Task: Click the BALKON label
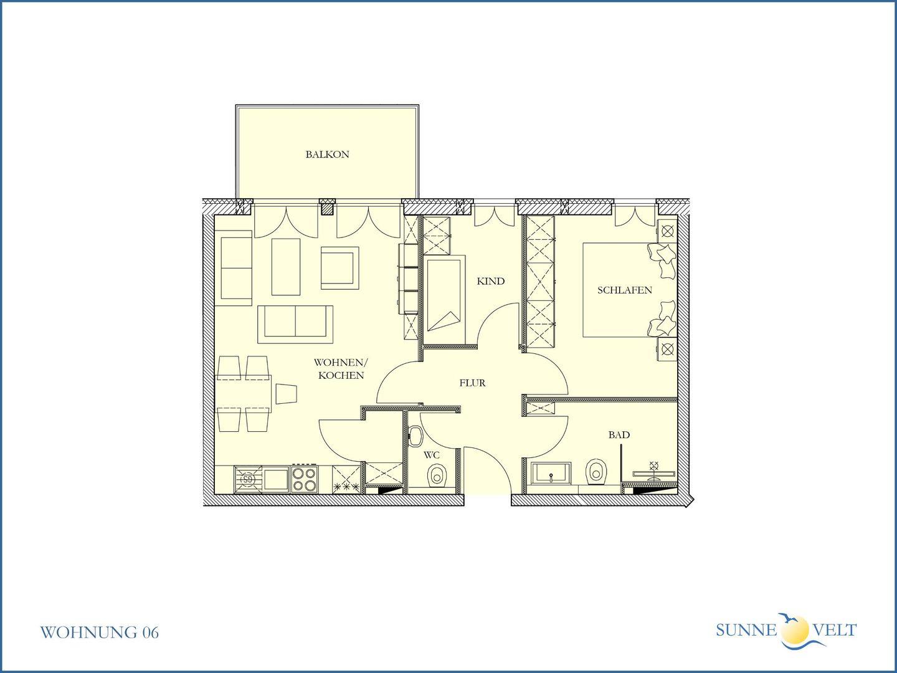[327, 155]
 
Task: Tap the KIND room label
[490, 281]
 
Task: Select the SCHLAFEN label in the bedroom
[624, 290]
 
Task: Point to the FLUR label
[472, 383]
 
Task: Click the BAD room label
[619, 435]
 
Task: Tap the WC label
[432, 455]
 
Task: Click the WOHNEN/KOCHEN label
[341, 369]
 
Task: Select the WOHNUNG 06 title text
[99, 632]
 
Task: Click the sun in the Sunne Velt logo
[794, 629]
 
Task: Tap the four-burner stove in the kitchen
[305, 479]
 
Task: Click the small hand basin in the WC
[415, 436]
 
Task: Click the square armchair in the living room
[339, 268]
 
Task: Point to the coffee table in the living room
[286, 267]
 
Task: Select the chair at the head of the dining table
[287, 394]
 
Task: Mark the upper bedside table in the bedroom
[667, 231]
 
